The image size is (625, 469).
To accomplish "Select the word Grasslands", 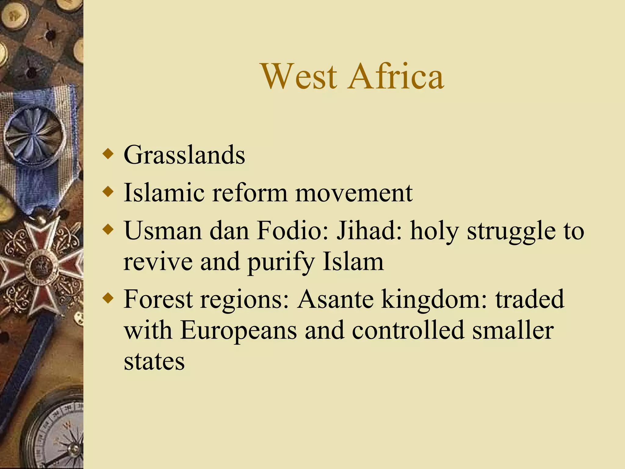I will [x=184, y=155].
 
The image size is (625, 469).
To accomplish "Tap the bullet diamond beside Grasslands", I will [x=108, y=154].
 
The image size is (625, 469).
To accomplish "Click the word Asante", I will [x=335, y=299].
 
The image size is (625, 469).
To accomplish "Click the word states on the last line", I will [x=154, y=362].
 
